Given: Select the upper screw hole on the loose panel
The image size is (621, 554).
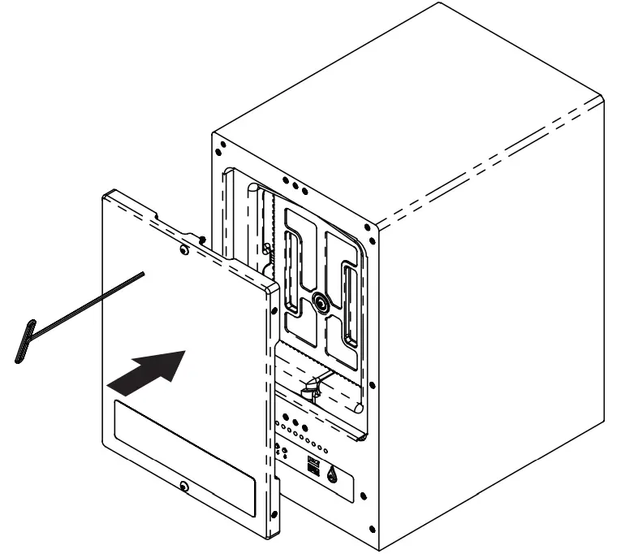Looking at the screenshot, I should (189, 252).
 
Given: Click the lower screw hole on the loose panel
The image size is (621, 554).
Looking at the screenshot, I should (185, 487).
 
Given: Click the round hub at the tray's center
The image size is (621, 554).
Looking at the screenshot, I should (319, 303).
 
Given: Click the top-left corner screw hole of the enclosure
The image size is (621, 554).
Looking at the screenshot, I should (219, 148).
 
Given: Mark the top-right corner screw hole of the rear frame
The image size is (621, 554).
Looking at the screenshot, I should (370, 228).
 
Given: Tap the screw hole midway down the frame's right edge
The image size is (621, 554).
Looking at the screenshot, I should (370, 386).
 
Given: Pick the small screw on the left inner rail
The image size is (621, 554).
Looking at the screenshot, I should (266, 247).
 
